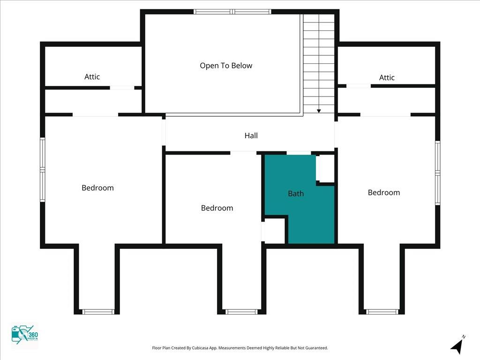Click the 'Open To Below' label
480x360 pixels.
[x=226, y=66]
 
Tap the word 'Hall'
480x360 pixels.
[x=251, y=136]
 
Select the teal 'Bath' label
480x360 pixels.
[x=296, y=193]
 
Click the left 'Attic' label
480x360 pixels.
[x=92, y=77]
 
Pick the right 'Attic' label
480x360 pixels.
[x=387, y=78]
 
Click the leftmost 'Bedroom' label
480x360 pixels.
[x=97, y=188]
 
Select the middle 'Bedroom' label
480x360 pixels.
[x=217, y=208]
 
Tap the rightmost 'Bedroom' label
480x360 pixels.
[x=383, y=193]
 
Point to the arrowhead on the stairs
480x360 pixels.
[x=319, y=111]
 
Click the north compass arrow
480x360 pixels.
[x=457, y=345]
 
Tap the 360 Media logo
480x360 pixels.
[x=24, y=336]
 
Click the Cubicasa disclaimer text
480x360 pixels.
[x=240, y=348]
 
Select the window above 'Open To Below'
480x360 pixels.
[x=232, y=12]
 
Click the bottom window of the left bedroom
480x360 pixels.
[x=97, y=312]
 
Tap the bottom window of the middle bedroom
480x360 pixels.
[x=241, y=312]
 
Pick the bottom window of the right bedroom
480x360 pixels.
[x=382, y=312]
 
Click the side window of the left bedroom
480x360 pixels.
[x=42, y=170]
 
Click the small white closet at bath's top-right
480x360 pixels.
[x=325, y=168]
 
